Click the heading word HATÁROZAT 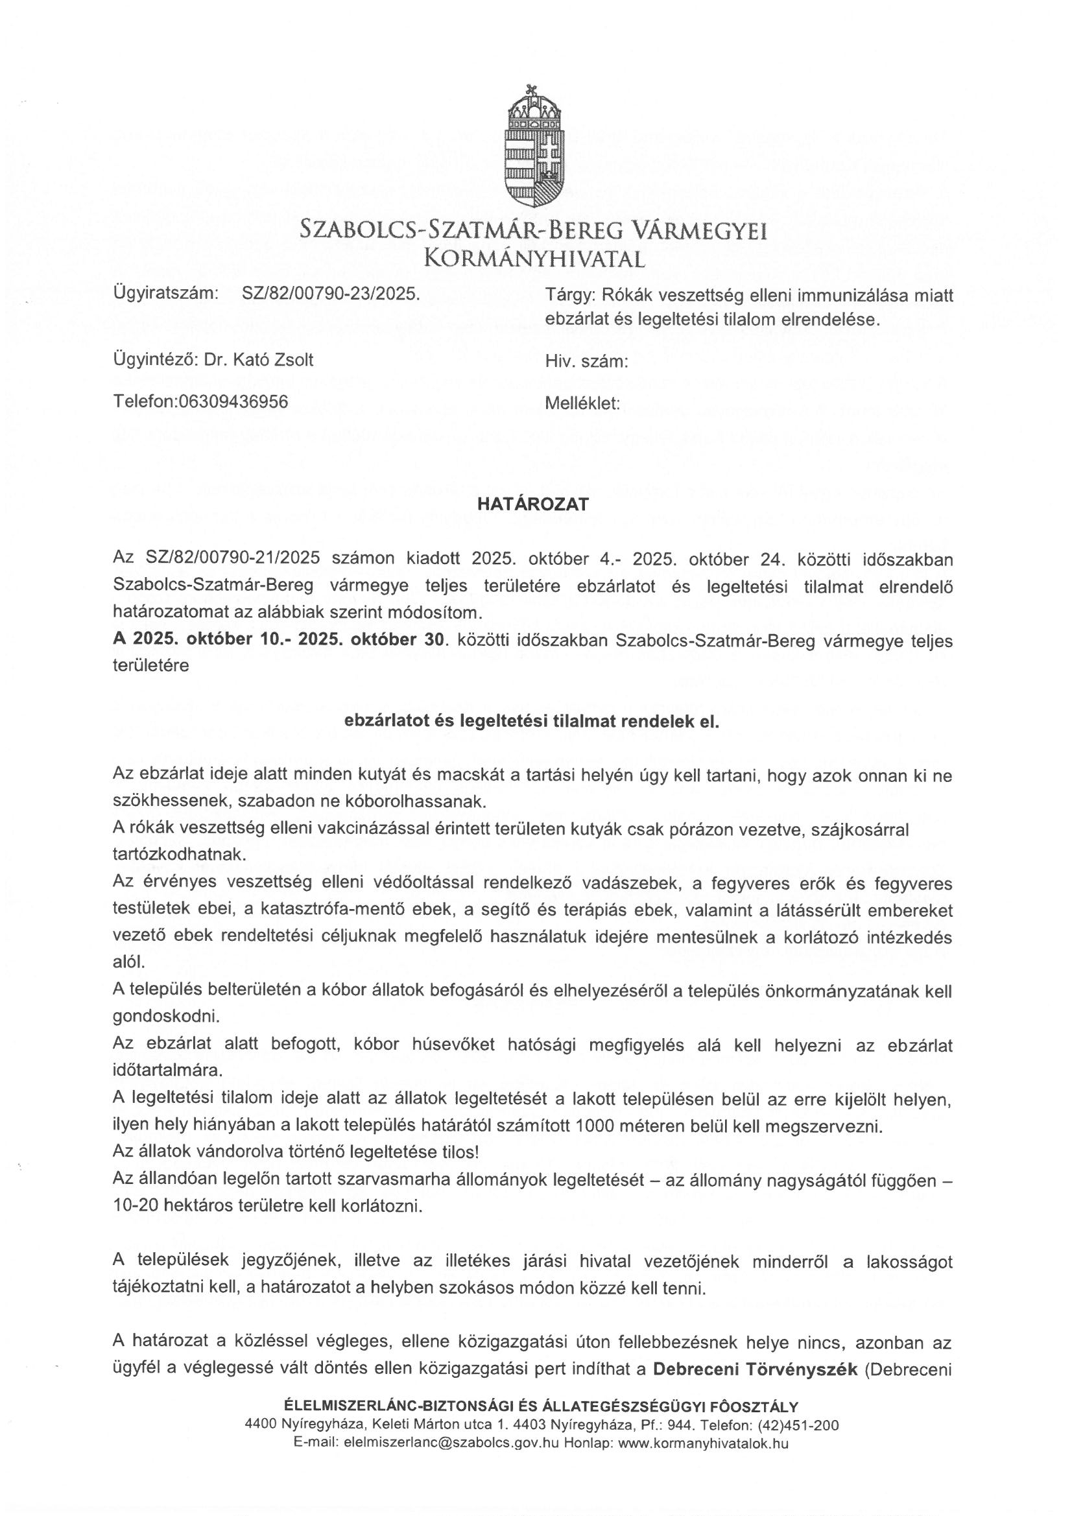[x=533, y=504]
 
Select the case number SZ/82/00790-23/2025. [x=331, y=294]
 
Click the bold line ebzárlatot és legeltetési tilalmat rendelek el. [x=532, y=722]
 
